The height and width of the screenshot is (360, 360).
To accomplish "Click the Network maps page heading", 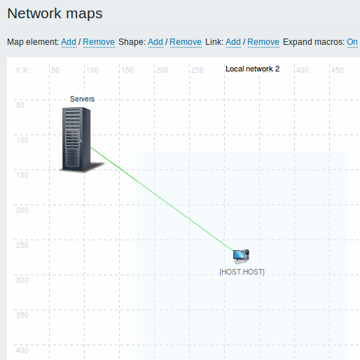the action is click(x=55, y=13).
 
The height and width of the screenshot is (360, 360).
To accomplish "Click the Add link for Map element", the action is click(x=69, y=42).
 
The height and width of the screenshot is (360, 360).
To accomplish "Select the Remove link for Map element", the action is click(x=99, y=42).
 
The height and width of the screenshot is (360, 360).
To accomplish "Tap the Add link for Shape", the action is click(x=155, y=42).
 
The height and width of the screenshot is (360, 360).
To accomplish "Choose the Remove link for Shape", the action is click(x=186, y=42).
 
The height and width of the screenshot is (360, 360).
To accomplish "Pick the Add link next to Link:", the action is click(x=233, y=42).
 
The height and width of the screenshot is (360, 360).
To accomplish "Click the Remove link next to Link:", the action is click(x=263, y=42).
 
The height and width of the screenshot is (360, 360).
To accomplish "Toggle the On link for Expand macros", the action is click(x=352, y=42).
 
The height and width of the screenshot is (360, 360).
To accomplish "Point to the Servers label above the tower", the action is click(x=83, y=99).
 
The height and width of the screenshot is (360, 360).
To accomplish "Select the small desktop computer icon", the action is click(x=242, y=256).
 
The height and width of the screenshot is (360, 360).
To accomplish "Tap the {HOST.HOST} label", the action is click(x=242, y=272).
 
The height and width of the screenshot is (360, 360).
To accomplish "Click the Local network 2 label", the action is click(x=253, y=69).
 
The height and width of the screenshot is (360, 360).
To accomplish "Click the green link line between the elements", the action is click(x=162, y=199).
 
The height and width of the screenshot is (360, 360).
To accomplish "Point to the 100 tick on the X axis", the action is click(x=92, y=70).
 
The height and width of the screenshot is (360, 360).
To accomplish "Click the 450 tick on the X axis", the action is click(x=338, y=70).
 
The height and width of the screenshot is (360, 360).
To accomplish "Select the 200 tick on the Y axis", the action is click(x=22, y=210).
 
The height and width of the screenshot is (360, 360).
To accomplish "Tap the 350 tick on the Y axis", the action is click(x=22, y=315).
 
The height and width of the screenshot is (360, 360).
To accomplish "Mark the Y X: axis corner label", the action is click(x=22, y=70).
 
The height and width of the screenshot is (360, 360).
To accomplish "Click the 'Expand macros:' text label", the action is click(x=314, y=42).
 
